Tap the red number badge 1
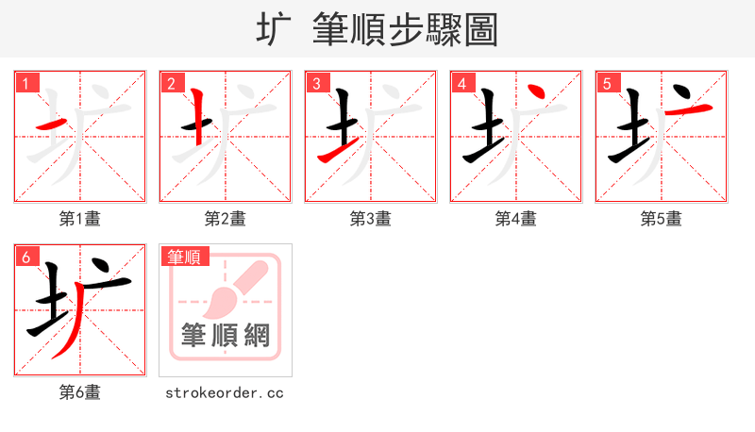click(25, 83)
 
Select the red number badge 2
click(171, 83)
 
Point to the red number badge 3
click(316, 83)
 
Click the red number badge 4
click(461, 83)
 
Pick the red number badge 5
click(607, 83)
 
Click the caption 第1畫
click(79, 219)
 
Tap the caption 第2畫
click(225, 219)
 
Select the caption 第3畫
click(370, 219)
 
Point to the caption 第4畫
click(515, 219)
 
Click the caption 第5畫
click(661, 219)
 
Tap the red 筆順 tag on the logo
click(185, 257)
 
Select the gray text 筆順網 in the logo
click(225, 336)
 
